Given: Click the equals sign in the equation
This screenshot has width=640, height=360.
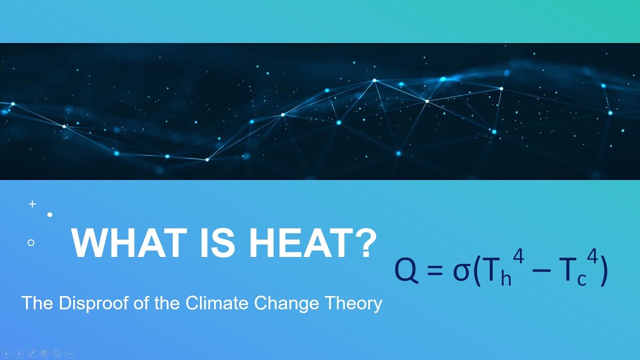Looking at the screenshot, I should [435, 271].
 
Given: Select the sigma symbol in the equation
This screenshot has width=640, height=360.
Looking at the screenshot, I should [460, 272].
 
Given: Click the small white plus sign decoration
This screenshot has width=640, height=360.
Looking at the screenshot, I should [32, 204].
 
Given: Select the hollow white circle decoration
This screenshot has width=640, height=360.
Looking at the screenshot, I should [31, 242].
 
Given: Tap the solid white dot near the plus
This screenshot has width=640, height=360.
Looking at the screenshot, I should [50, 214].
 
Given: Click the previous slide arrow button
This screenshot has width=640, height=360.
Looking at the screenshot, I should [6, 353].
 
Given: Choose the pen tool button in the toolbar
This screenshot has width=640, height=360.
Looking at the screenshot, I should [31, 353].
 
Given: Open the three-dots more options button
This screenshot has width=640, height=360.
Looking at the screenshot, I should [69, 353].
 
